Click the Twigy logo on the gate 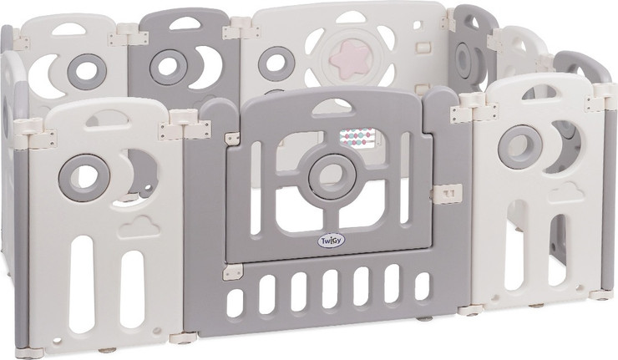(x=328, y=241)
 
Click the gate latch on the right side (x=448, y=194)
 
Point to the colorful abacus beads (x=357, y=138)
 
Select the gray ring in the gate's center (x=332, y=176)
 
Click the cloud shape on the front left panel (x=139, y=226)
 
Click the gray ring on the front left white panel (x=84, y=176)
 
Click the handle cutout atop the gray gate (x=332, y=108)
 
